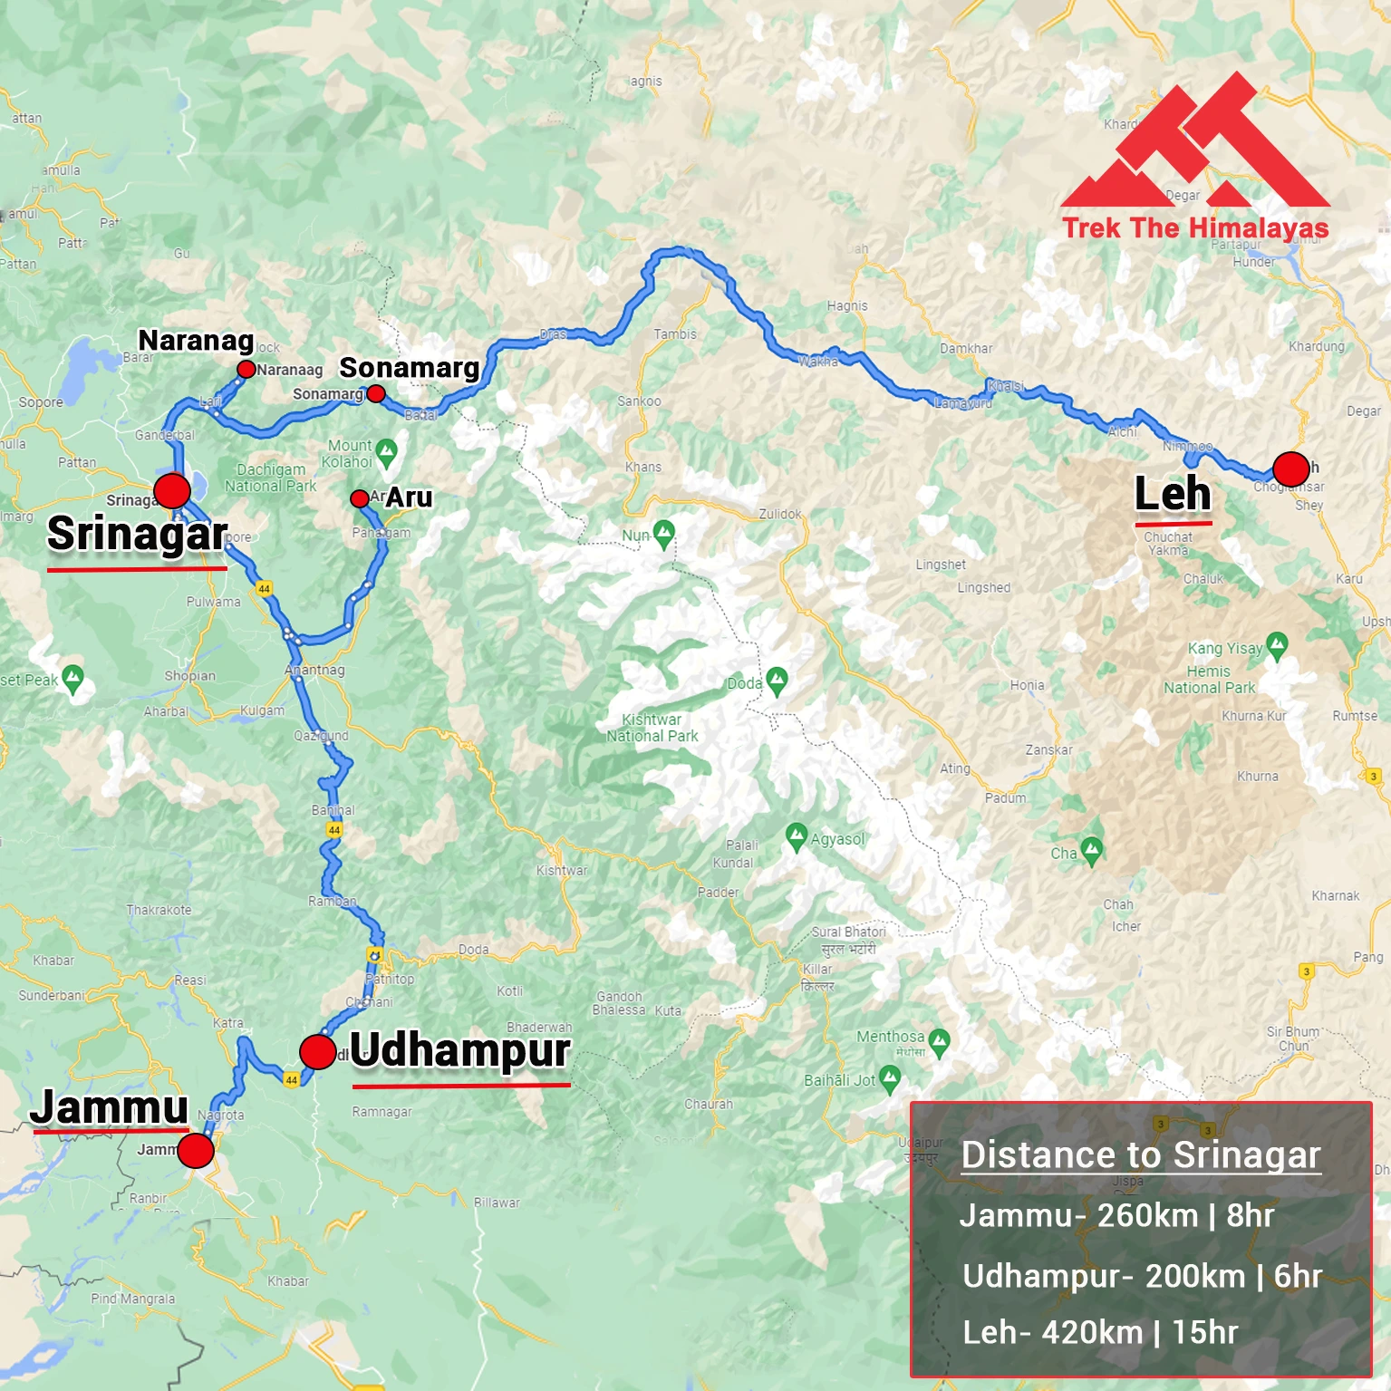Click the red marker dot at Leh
tap(1290, 469)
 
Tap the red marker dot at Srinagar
tap(172, 490)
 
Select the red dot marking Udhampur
tap(317, 1052)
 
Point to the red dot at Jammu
tap(195, 1151)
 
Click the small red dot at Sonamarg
tap(376, 393)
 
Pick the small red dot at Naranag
tap(246, 369)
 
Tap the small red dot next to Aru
tap(359, 498)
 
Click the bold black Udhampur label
tap(460, 1051)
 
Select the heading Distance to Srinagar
tap(1141, 1155)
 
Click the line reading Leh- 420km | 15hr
tap(1099, 1332)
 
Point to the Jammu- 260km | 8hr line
tap(1116, 1215)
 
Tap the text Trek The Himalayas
tap(1194, 227)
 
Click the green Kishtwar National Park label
tap(652, 728)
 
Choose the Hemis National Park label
tap(1209, 680)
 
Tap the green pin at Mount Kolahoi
tap(386, 450)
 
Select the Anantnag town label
tap(315, 671)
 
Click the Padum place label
tap(1005, 798)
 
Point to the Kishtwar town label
tap(561, 871)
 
